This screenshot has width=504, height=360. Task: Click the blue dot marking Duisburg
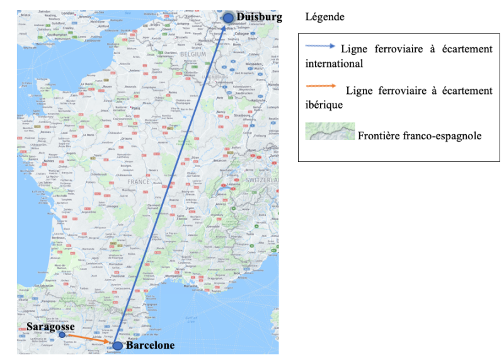coord(227,18)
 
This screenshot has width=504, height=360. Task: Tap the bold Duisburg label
coord(259,17)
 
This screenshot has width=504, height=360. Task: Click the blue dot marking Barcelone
coord(117,345)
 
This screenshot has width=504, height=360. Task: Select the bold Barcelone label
coord(150,345)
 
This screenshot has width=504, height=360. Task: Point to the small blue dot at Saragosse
coord(62,335)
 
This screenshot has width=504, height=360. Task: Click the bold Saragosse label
coord(51,327)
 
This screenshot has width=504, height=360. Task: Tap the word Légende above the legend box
coord(324,17)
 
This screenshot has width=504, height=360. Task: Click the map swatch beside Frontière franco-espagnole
coord(330,132)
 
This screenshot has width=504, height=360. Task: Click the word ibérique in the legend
coord(324,105)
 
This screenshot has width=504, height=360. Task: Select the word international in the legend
coord(334,64)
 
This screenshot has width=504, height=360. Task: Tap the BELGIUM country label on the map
coord(193,55)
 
